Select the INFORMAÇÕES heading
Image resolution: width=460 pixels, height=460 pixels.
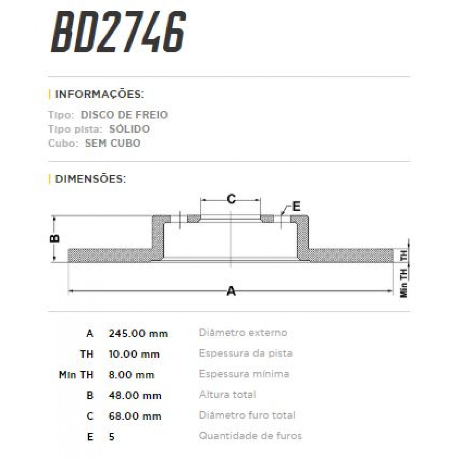point(99,94)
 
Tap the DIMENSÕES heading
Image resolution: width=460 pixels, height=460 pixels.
point(90,179)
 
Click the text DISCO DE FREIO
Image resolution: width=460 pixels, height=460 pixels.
point(124,115)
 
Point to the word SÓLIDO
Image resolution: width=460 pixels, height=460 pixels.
point(129,129)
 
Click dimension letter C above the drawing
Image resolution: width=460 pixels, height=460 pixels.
point(231,199)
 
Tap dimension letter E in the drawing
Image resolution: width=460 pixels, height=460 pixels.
point(296,206)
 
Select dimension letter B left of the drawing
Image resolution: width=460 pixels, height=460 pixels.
point(55,238)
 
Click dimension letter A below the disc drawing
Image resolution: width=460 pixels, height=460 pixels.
point(231,291)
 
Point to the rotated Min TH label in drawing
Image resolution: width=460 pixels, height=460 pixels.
point(404,283)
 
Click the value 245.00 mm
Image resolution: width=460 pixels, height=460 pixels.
point(138,333)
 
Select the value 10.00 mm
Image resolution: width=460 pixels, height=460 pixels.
point(134,354)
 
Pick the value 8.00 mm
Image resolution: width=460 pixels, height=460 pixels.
point(131,375)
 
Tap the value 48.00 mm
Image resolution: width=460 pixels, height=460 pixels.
point(135,395)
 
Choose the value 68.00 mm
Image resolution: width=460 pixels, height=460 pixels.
point(135,416)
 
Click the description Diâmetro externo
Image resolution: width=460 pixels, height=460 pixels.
point(243,332)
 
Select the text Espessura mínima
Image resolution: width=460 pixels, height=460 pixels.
point(244,374)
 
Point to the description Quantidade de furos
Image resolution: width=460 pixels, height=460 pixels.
point(250,436)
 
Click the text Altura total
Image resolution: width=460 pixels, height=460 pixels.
point(227,394)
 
